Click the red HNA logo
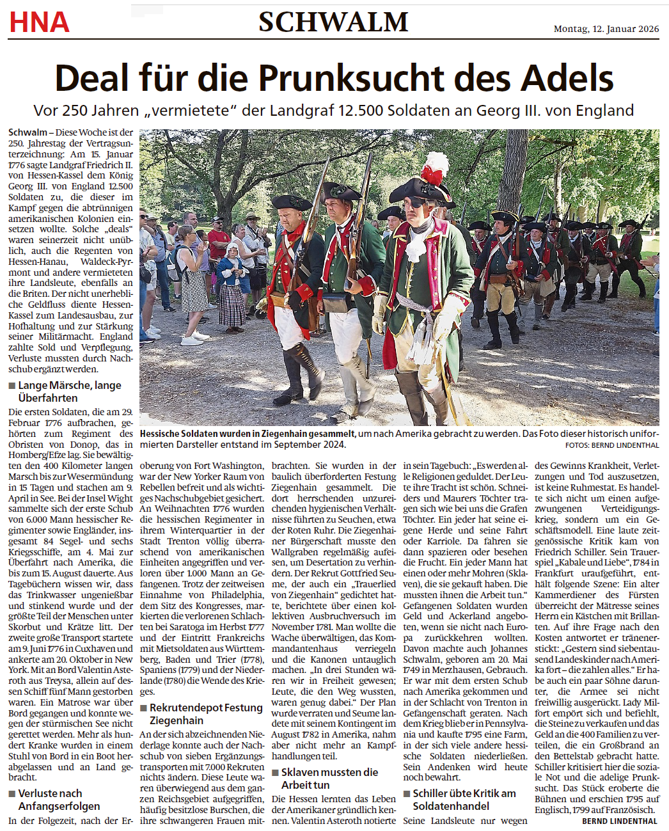point(39,22)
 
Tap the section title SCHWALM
point(333,22)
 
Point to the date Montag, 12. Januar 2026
point(606,29)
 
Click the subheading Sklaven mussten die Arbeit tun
point(329,779)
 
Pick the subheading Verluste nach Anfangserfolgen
point(58,800)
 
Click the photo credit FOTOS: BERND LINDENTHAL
point(611,445)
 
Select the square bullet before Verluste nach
point(12,794)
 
